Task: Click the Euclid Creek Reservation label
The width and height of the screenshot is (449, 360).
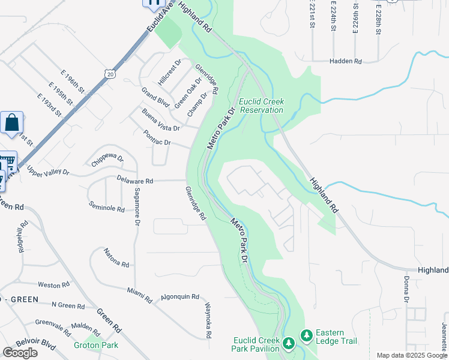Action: coord(261,106)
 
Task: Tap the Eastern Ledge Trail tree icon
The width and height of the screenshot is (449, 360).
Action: coord(306,334)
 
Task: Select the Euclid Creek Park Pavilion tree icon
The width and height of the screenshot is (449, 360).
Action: coord(289,342)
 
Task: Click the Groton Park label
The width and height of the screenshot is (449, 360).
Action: coord(96,345)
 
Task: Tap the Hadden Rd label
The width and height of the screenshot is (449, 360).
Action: coord(346,61)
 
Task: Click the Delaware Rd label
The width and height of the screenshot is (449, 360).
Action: coord(135,181)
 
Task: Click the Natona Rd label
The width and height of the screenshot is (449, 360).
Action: coord(116,258)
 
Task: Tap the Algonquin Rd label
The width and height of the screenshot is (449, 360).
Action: coord(179,296)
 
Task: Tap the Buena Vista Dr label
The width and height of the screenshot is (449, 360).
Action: coord(161,120)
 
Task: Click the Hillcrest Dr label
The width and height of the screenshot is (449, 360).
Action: coord(170,71)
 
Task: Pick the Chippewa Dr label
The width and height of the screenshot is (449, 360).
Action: coord(108,161)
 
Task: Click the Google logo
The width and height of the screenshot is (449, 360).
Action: coord(20,353)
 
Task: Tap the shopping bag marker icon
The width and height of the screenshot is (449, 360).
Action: coord(11,123)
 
